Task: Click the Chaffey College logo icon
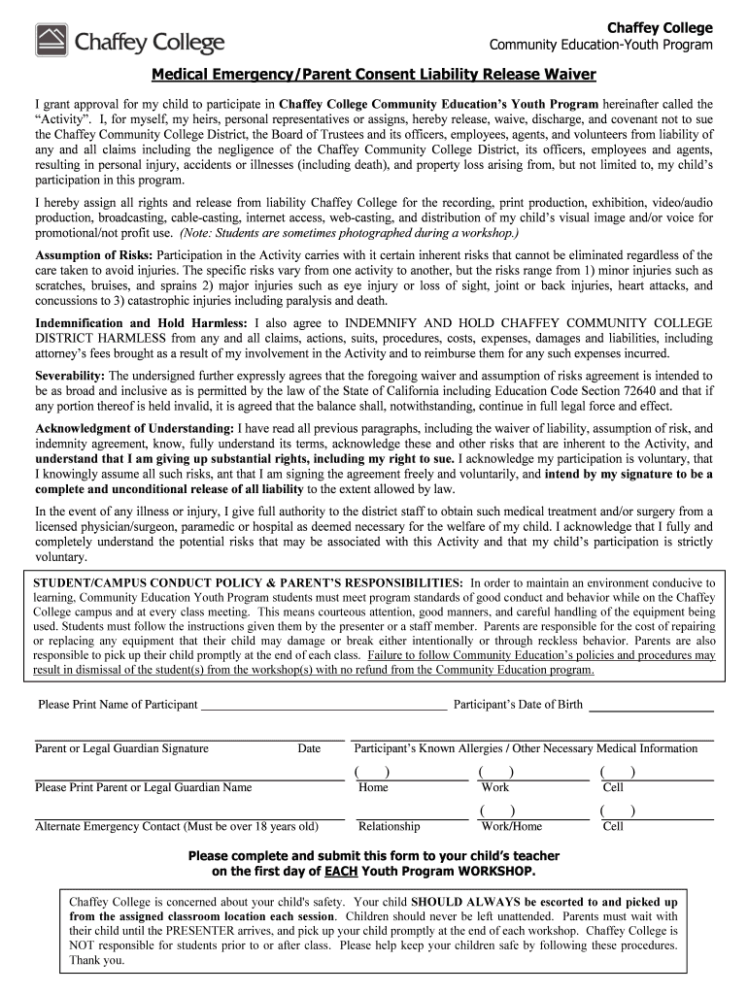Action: point(51,41)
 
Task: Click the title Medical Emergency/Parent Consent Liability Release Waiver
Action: point(373,76)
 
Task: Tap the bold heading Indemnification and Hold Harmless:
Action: point(141,322)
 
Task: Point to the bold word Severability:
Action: point(70,375)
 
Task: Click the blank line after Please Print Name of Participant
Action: point(323,706)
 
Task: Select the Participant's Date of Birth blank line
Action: point(652,706)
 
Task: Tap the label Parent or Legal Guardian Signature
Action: point(121,748)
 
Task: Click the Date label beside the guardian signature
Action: point(309,748)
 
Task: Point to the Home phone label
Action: point(373,787)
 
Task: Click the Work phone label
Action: point(494,787)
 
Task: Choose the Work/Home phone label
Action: point(512,826)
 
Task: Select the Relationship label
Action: point(389,826)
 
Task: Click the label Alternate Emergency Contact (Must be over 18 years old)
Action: point(177,826)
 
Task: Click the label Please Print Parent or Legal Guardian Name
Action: point(143,787)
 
